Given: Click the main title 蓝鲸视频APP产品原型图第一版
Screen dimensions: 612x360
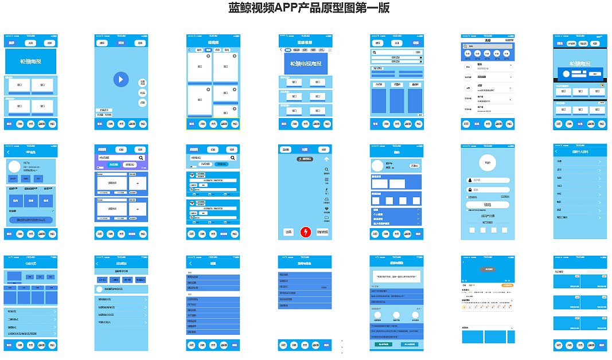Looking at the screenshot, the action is (309, 8).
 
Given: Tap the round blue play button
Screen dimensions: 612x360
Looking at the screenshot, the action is (120, 79).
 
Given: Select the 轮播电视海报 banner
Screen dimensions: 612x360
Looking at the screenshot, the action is (306, 64).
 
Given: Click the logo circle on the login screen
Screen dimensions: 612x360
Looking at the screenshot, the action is (488, 162).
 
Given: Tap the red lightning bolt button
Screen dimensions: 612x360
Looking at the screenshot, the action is (305, 232).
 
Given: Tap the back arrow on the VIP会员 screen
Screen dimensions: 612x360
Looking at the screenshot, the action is (9, 152).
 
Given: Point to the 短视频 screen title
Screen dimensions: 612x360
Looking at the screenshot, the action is (213, 42).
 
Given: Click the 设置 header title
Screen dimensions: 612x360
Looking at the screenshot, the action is (213, 263).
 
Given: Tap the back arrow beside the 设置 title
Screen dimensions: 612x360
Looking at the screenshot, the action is (190, 263).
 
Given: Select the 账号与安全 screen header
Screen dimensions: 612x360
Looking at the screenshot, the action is (305, 263).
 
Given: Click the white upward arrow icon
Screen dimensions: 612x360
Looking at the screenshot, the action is (326, 159).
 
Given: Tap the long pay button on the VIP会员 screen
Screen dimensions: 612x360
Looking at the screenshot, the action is (31, 220).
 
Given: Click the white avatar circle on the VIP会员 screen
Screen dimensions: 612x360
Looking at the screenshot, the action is (14, 167).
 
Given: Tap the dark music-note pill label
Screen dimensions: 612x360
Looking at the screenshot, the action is (305, 159).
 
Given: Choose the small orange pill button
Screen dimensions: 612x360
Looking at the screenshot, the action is (507, 285).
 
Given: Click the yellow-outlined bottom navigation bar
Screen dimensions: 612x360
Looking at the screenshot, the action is (213, 124).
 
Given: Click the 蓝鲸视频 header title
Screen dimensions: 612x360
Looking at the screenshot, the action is (305, 42).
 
